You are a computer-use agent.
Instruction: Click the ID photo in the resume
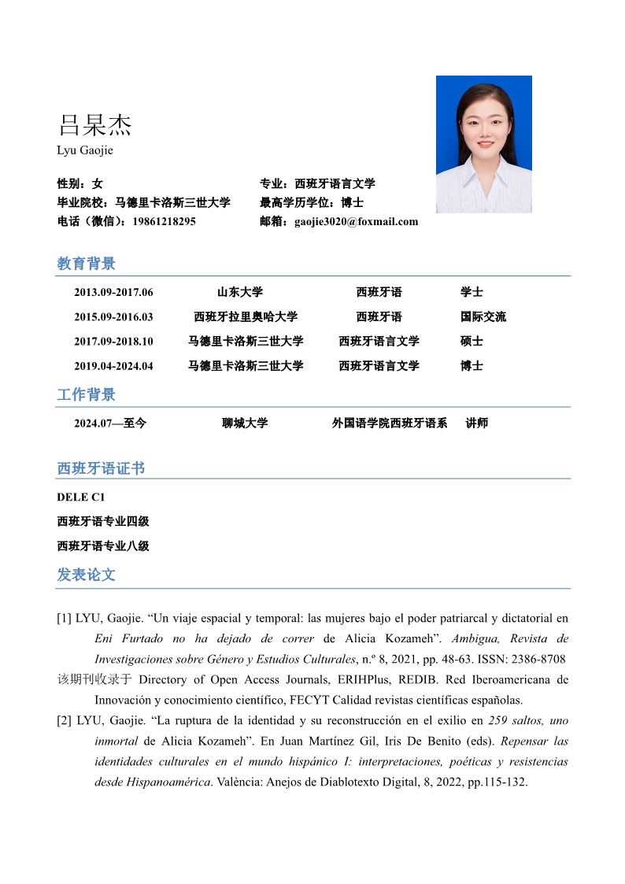click(x=483, y=144)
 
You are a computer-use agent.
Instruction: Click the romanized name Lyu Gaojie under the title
click(x=85, y=150)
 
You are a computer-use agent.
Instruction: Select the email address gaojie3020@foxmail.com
click(x=356, y=222)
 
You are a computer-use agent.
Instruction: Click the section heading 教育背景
click(x=86, y=264)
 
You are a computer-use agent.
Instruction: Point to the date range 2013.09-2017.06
click(x=113, y=293)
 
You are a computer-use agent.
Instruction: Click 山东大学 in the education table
click(x=240, y=293)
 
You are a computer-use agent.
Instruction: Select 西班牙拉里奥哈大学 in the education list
click(x=246, y=317)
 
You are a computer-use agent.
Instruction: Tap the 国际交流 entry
click(x=483, y=317)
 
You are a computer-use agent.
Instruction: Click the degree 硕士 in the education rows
click(x=472, y=342)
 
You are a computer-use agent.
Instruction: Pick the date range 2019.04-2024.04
click(x=113, y=366)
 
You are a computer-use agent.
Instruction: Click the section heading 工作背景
click(x=86, y=394)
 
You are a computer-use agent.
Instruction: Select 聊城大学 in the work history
click(x=245, y=424)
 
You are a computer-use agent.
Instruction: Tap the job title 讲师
click(x=477, y=424)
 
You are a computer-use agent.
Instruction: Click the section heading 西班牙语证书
click(x=101, y=468)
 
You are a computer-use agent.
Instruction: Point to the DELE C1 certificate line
click(x=80, y=497)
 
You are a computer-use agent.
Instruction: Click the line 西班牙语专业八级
click(x=103, y=546)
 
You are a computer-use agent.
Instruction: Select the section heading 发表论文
click(x=86, y=575)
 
